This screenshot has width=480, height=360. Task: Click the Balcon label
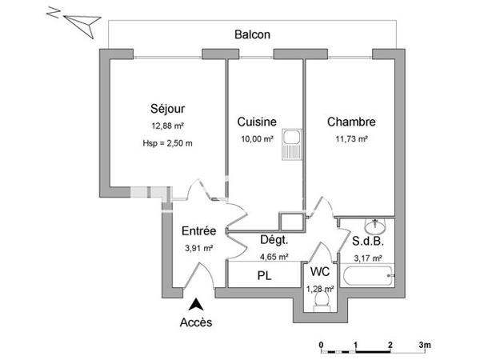252,34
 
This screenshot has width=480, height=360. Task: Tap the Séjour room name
167,109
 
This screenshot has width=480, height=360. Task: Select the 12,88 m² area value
167,126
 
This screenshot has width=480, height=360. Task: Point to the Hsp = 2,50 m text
167,143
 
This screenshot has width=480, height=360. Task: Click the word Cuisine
257,122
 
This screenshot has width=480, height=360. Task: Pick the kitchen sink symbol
292,144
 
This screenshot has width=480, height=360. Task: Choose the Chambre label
351,122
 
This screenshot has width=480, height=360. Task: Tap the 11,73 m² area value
351,139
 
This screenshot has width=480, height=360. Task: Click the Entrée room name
198,231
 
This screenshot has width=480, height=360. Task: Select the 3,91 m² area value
198,248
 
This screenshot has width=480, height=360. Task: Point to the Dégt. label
274,240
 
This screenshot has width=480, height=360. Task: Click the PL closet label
265,276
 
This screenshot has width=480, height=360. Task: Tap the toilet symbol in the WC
322,302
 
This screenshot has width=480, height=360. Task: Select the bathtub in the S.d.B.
368,275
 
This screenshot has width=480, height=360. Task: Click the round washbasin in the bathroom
375,226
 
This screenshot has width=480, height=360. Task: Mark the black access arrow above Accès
196,305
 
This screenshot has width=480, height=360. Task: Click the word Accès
196,322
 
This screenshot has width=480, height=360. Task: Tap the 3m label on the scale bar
425,345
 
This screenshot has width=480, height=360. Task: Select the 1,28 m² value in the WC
320,288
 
